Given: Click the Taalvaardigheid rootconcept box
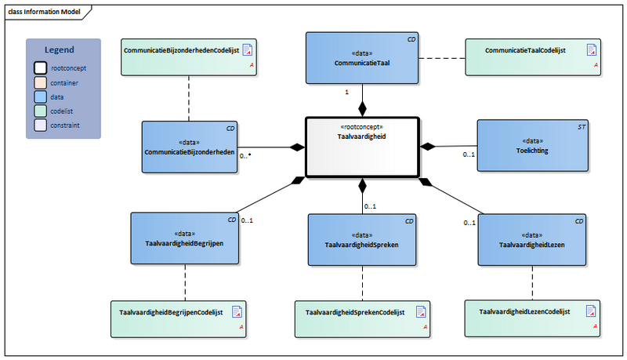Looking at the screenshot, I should tap(362, 147).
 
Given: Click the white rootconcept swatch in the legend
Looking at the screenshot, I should tap(38, 68).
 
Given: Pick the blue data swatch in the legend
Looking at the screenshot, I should tap(38, 96).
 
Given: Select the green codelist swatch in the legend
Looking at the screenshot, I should tap(38, 111).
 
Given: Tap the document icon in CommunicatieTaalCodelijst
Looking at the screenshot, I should tap(593, 49).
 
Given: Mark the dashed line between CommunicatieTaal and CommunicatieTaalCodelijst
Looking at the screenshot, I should tap(442, 57).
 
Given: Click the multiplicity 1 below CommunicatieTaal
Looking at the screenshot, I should tap(347, 93).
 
